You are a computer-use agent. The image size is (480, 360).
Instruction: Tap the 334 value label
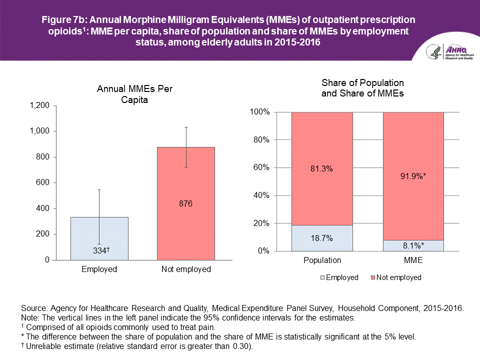(x=98, y=251)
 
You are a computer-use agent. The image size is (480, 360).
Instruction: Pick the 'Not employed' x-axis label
(x=186, y=269)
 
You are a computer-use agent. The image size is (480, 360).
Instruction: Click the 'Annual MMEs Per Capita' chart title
(x=138, y=94)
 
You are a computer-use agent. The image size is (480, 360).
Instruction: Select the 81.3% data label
(x=322, y=169)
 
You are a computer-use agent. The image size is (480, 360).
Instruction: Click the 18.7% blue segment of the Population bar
(x=322, y=238)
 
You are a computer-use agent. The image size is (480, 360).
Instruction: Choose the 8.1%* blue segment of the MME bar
(x=413, y=245)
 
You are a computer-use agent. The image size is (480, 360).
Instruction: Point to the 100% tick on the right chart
(x=260, y=112)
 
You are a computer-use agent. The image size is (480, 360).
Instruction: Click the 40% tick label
(x=261, y=195)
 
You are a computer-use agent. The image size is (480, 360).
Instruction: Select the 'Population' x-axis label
(x=322, y=260)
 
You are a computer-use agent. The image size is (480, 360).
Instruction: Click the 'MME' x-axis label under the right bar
(x=413, y=260)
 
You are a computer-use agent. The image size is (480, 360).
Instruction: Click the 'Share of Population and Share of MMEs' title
(x=362, y=87)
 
